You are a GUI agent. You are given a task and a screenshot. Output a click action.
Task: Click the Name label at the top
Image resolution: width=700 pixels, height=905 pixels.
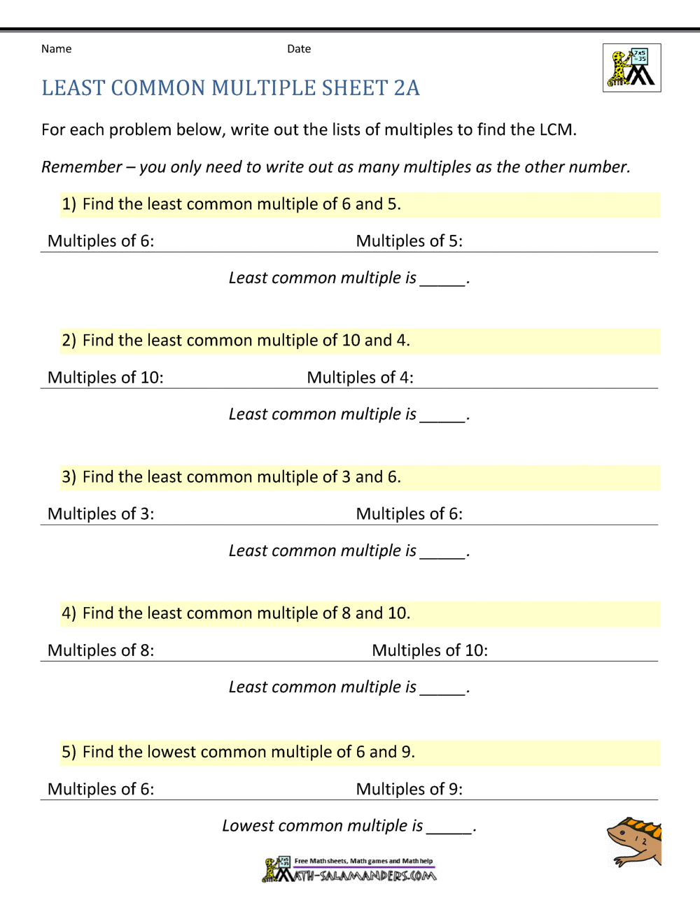tap(56, 49)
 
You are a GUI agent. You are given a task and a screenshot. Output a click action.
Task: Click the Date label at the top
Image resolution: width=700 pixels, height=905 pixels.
tap(299, 49)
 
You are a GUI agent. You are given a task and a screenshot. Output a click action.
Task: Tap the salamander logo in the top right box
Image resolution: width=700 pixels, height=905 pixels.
tap(631, 68)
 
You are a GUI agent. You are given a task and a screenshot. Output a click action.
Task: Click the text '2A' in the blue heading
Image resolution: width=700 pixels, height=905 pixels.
tap(407, 88)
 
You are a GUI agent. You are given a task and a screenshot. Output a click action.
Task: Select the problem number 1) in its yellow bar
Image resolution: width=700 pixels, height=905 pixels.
tap(69, 204)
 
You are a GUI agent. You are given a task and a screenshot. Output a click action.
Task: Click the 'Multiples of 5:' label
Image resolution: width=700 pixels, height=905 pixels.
tap(409, 241)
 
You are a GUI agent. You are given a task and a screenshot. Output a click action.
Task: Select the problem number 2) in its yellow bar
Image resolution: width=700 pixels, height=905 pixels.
tap(69, 341)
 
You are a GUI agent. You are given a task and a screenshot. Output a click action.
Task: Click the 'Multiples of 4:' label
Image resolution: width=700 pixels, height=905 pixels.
tap(360, 378)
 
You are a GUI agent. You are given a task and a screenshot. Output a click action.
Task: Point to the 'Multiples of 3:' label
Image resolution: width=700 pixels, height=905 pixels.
tap(101, 514)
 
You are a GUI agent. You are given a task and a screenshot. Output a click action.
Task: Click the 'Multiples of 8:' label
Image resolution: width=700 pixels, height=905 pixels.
tap(101, 650)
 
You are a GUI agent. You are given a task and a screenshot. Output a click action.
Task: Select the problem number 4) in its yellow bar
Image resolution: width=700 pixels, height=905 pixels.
tap(69, 613)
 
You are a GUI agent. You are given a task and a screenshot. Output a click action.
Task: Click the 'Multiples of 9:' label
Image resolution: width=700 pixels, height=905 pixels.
tap(409, 790)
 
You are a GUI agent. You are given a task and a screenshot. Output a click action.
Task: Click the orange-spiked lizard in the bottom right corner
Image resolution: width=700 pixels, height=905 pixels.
tap(634, 841)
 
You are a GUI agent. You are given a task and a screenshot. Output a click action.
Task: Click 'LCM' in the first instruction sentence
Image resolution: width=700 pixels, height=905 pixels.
tap(556, 130)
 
